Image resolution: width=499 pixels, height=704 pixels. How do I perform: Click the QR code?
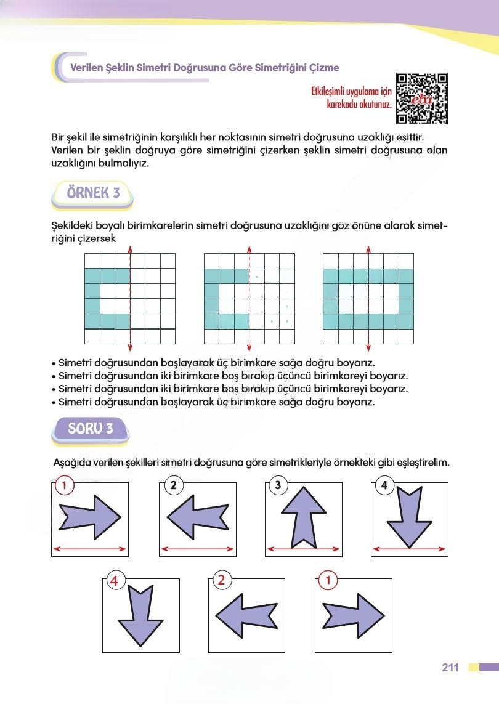pyautogui.click(x=421, y=99)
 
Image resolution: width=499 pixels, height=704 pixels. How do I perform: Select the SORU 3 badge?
pyautogui.click(x=91, y=429)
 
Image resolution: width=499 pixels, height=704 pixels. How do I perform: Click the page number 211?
pyautogui.click(x=450, y=668)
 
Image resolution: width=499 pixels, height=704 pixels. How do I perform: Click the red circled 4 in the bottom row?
pyautogui.click(x=115, y=580)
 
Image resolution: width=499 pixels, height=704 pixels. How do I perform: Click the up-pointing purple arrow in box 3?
pyautogui.click(x=303, y=516)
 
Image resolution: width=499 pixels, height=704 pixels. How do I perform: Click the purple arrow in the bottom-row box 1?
pyautogui.click(x=354, y=617)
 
